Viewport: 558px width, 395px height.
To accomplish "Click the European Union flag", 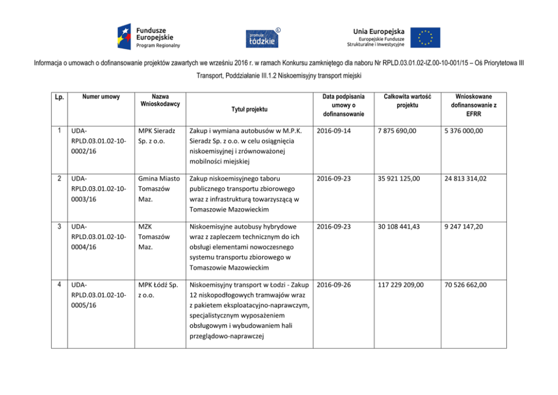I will pos(425,37).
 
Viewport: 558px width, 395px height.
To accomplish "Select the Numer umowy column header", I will pos(101,97).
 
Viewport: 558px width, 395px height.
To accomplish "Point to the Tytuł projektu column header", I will pos(249,109).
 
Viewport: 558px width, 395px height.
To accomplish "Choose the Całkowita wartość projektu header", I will pos(403,101).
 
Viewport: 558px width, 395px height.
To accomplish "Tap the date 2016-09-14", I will pos(334,131).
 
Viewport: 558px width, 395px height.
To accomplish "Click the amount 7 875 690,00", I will pos(398,131).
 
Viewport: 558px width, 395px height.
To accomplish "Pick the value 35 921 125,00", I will pos(399,179).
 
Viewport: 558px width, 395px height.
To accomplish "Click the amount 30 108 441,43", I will pos(399,227).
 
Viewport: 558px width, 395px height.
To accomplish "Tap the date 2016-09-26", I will pos(334,285).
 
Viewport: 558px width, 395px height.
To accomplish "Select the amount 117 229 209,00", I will pos(402,285).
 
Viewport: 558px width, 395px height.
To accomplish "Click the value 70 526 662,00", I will pos(465,285).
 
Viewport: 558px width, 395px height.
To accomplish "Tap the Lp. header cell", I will pos(59,98).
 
